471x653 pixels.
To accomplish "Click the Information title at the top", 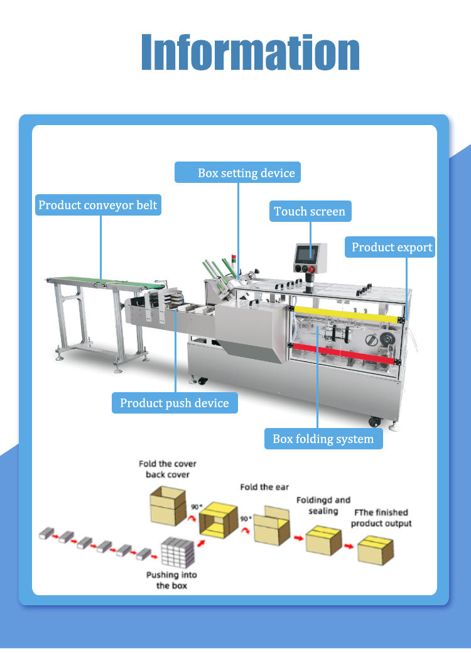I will tap(250, 52).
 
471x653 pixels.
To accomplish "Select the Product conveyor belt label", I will tap(98, 205).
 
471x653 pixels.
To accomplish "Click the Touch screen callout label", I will tap(310, 211).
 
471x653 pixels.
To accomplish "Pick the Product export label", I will tap(391, 247).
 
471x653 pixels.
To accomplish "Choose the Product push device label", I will tap(175, 403).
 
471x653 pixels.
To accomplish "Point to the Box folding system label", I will tap(323, 439).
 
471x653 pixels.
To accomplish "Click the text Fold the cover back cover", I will tap(168, 469).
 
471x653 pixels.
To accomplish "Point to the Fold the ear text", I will tap(264, 487).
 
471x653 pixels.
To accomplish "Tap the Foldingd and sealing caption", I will tap(323, 505).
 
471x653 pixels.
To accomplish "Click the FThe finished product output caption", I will tap(381, 518).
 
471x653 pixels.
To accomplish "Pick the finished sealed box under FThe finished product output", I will tap(375, 550).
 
